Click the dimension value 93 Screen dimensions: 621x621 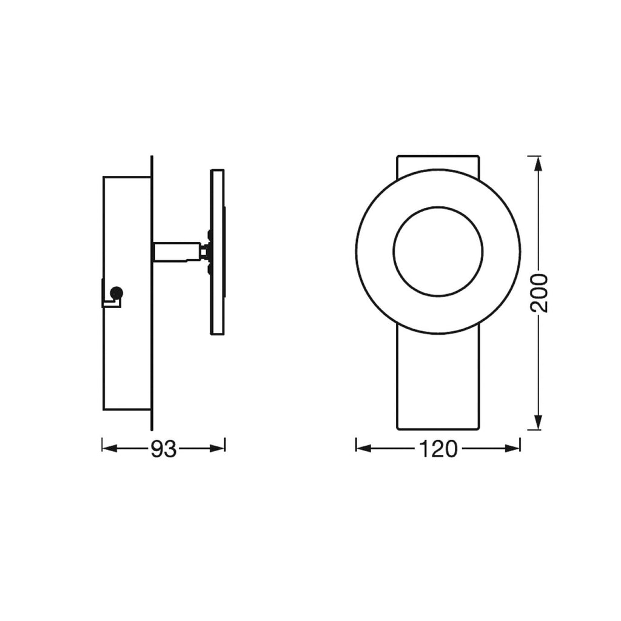point(163,449)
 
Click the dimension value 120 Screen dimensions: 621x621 point(438,449)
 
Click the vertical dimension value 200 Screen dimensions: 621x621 point(539,293)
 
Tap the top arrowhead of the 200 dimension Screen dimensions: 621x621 point(538,164)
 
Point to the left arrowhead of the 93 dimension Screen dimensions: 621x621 point(110,448)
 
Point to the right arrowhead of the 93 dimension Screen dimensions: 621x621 point(217,448)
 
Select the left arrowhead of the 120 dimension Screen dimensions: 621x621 point(364,448)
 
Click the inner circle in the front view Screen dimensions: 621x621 point(438,207)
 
